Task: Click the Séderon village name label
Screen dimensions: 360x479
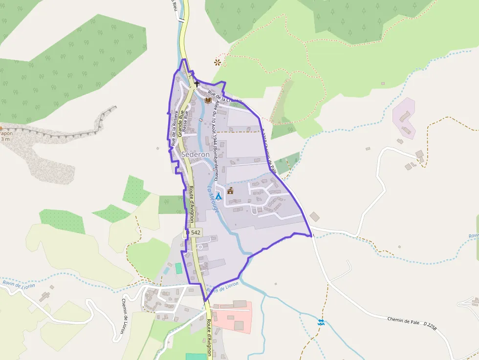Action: click(195, 154)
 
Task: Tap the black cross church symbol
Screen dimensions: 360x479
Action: click(197, 84)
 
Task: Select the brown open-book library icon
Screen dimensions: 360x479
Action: click(208, 100)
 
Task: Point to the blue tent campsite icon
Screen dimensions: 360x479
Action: click(218, 196)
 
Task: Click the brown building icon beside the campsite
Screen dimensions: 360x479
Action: click(230, 191)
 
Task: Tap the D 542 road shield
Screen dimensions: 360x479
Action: click(194, 233)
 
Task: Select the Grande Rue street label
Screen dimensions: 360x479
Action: click(180, 124)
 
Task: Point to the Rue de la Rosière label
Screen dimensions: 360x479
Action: click(174, 128)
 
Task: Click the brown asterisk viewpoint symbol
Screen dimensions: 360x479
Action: click(217, 62)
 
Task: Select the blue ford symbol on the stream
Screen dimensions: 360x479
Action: click(321, 322)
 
